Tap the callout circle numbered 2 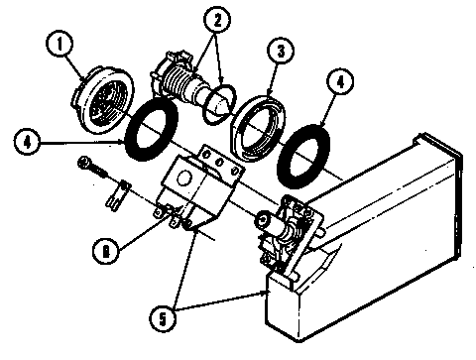[x=215, y=19]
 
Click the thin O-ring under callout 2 [x=218, y=104]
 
